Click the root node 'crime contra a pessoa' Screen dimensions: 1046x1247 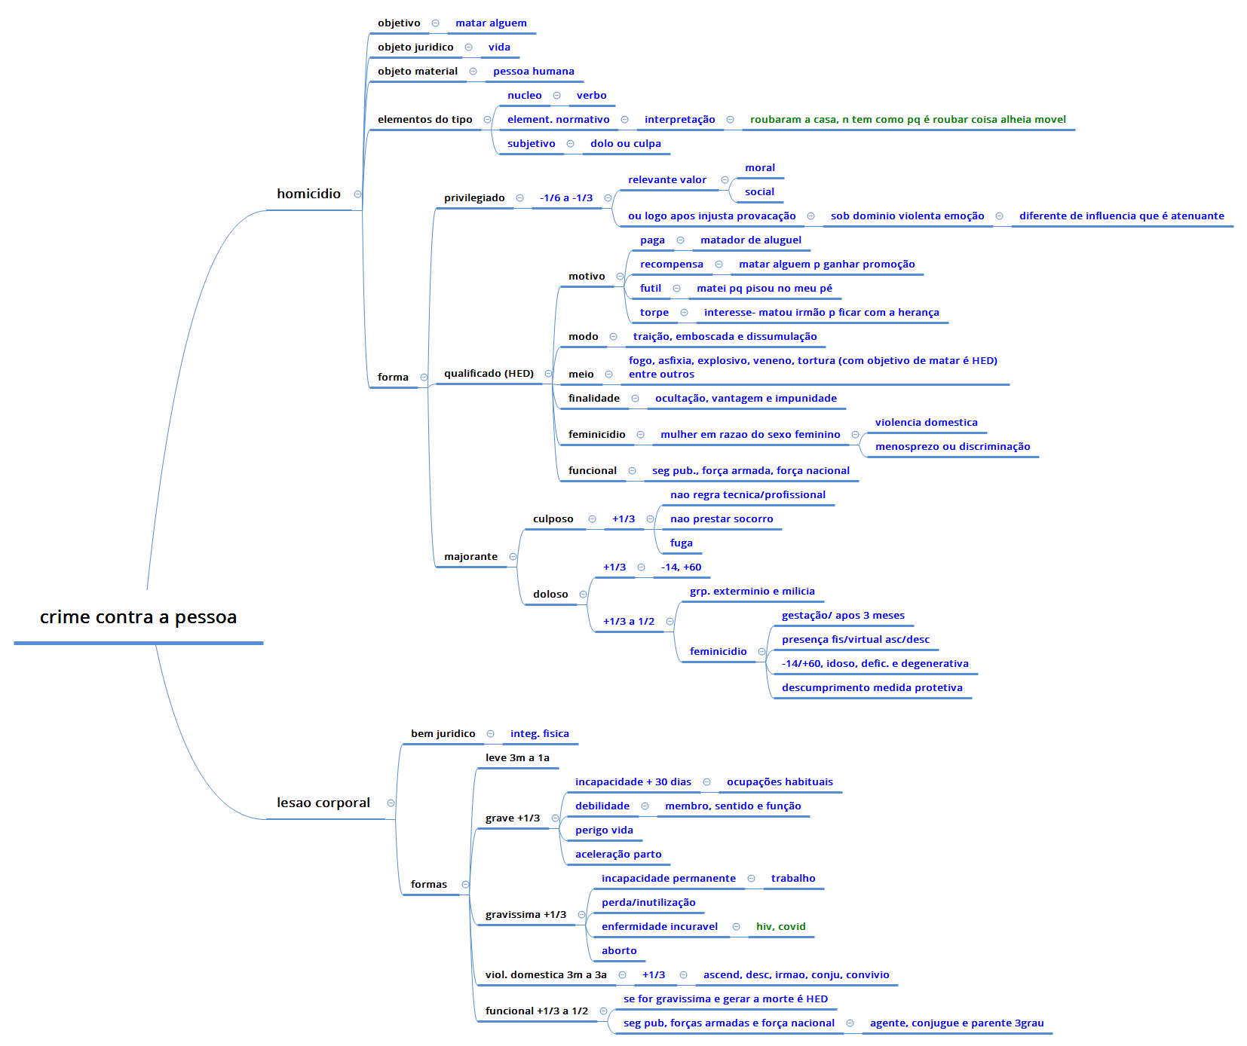point(138,617)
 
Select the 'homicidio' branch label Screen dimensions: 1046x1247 point(308,194)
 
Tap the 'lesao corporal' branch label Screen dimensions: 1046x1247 point(323,803)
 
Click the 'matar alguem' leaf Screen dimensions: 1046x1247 point(491,23)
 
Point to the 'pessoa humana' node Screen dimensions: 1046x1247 point(533,72)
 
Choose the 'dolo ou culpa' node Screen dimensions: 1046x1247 point(625,144)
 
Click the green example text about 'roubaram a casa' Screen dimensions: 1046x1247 point(908,120)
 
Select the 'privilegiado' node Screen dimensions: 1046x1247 point(474,198)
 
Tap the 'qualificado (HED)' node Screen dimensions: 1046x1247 point(489,374)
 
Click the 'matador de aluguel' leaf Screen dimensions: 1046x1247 point(751,240)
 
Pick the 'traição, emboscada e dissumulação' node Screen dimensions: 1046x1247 point(725,337)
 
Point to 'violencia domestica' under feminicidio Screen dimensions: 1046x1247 point(926,423)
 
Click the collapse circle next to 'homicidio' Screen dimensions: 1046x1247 point(357,194)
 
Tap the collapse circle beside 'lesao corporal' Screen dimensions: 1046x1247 point(391,803)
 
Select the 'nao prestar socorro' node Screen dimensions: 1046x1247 point(722,519)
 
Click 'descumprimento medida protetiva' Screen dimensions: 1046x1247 point(872,688)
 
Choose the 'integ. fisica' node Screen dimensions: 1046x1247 point(539,734)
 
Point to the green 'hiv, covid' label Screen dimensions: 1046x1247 point(780,927)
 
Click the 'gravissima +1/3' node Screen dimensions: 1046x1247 point(525,915)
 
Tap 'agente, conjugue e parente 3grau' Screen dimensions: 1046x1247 point(957,1023)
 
